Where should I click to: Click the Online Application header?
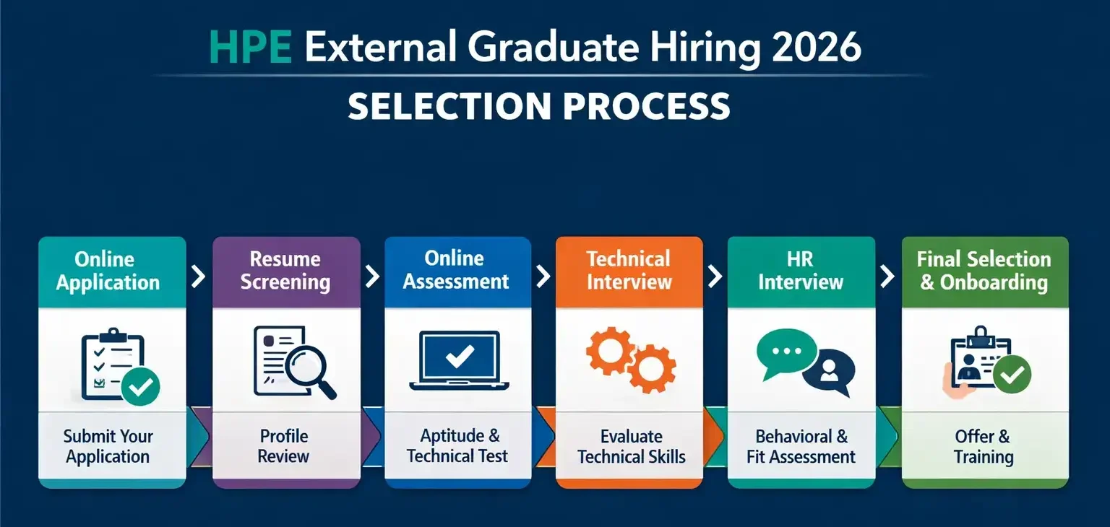[108, 271]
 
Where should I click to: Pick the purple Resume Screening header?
[285, 271]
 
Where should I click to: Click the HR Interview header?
[801, 271]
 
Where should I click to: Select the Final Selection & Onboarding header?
[984, 271]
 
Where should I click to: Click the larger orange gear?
[651, 369]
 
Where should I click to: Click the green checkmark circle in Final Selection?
[1011, 374]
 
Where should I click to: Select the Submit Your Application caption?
[108, 446]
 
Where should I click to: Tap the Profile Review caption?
[284, 446]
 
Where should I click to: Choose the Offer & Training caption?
[983, 446]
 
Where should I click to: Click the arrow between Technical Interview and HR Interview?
[715, 276]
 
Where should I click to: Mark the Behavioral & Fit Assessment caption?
[801, 446]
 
